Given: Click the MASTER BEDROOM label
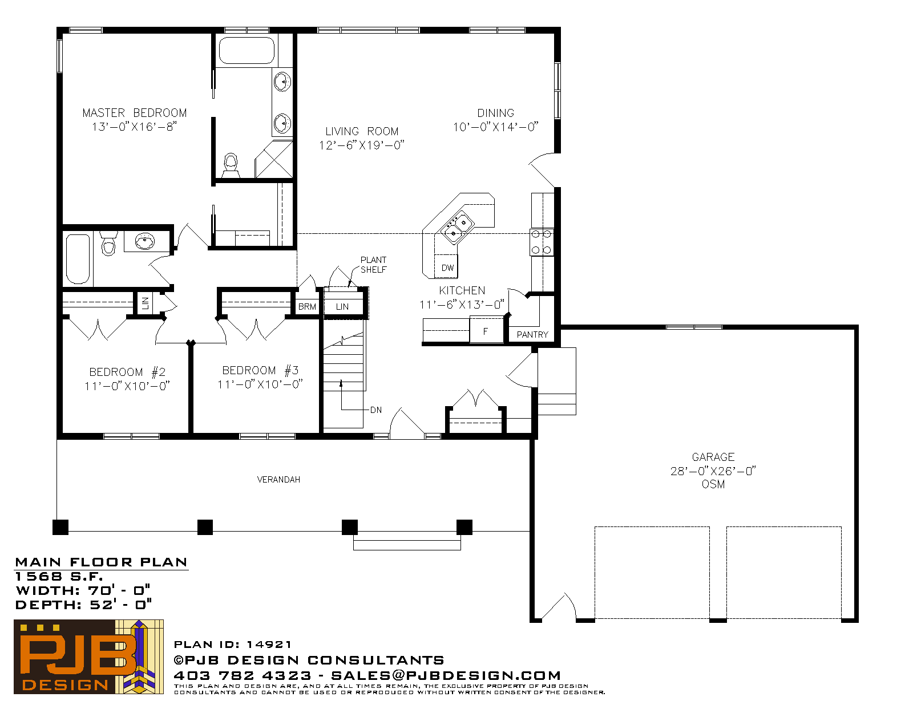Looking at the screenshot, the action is click(x=135, y=113).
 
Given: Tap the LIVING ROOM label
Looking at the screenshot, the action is click(x=362, y=131).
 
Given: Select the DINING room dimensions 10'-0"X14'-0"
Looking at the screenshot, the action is click(x=495, y=127).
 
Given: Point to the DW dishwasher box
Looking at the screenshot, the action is click(x=446, y=266).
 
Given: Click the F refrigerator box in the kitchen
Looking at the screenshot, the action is click(x=486, y=330).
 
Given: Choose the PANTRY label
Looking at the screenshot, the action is click(x=532, y=335).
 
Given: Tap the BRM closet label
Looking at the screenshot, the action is click(x=307, y=306).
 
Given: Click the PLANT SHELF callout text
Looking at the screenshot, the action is click(x=373, y=265).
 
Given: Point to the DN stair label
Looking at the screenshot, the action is click(x=376, y=410).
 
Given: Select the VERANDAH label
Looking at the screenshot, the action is click(x=278, y=480).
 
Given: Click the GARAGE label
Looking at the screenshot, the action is click(x=713, y=457).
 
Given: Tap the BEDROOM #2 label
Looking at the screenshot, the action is click(x=127, y=372).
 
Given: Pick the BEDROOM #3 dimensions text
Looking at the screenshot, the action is click(x=260, y=384).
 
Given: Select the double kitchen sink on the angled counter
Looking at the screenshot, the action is click(x=457, y=228).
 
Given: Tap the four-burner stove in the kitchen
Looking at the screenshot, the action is click(x=542, y=242).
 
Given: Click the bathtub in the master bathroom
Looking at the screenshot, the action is click(x=247, y=50).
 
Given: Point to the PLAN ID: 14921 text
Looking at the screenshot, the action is click(x=232, y=644).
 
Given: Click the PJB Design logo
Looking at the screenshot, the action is click(x=88, y=657).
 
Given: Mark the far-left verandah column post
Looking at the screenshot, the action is click(x=60, y=527).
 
